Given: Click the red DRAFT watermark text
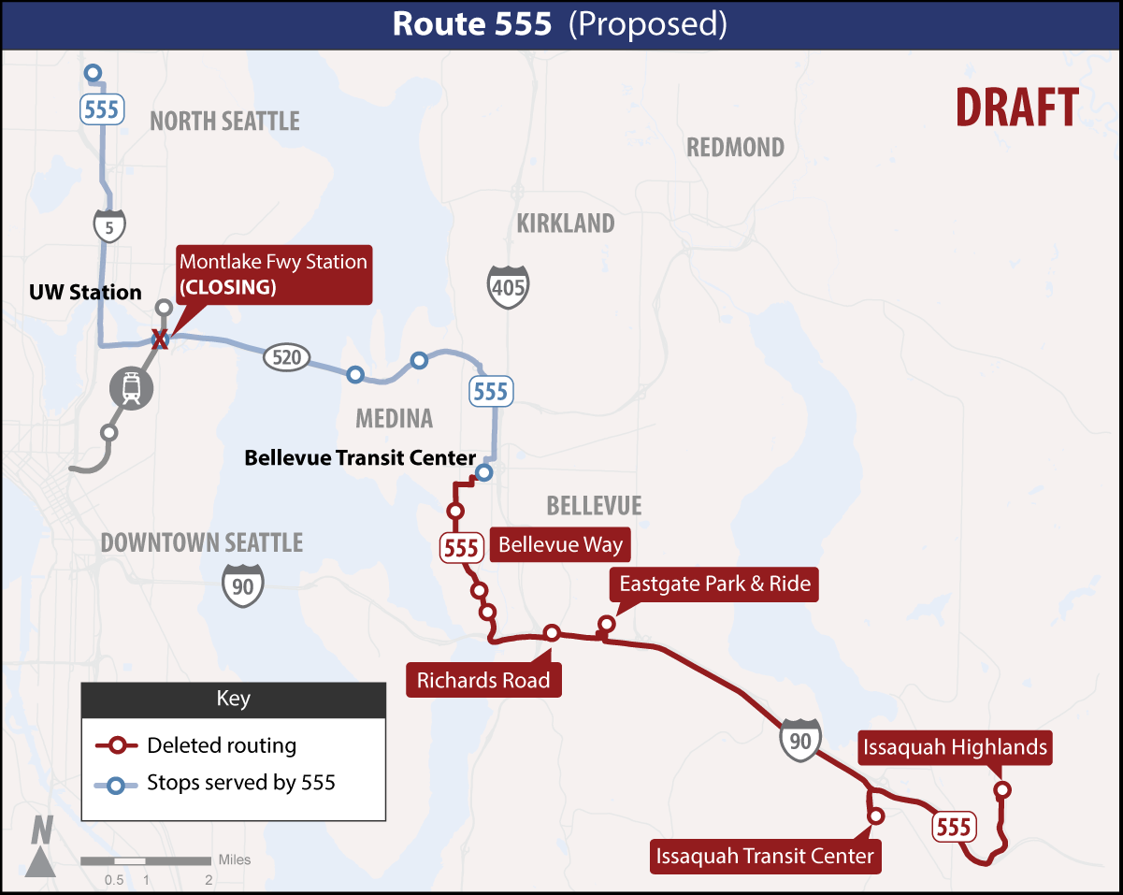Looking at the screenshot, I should pos(1016,108).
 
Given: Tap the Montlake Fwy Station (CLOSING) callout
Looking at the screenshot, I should pos(273,274).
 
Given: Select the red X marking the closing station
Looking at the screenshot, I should pos(160,339).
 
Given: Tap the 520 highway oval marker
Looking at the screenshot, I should pos(286,356).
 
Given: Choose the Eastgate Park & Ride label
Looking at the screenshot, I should pos(714,585).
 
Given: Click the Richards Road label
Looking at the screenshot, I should pos(483,680).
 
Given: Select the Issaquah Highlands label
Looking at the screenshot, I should pos(955,747).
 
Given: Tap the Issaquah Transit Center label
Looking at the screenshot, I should pos(765,856).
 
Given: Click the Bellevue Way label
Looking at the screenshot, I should pos(560,544).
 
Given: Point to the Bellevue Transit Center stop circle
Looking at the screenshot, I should pos(483,472).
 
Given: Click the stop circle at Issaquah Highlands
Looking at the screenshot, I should pos(1002,790).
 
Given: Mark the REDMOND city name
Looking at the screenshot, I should pos(735,148).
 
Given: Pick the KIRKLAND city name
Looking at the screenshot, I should pos(566,224).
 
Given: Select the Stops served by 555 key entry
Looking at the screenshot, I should pos(240,784).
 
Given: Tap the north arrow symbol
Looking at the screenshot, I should pos(41,846).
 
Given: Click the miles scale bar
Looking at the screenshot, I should pos(145,860).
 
